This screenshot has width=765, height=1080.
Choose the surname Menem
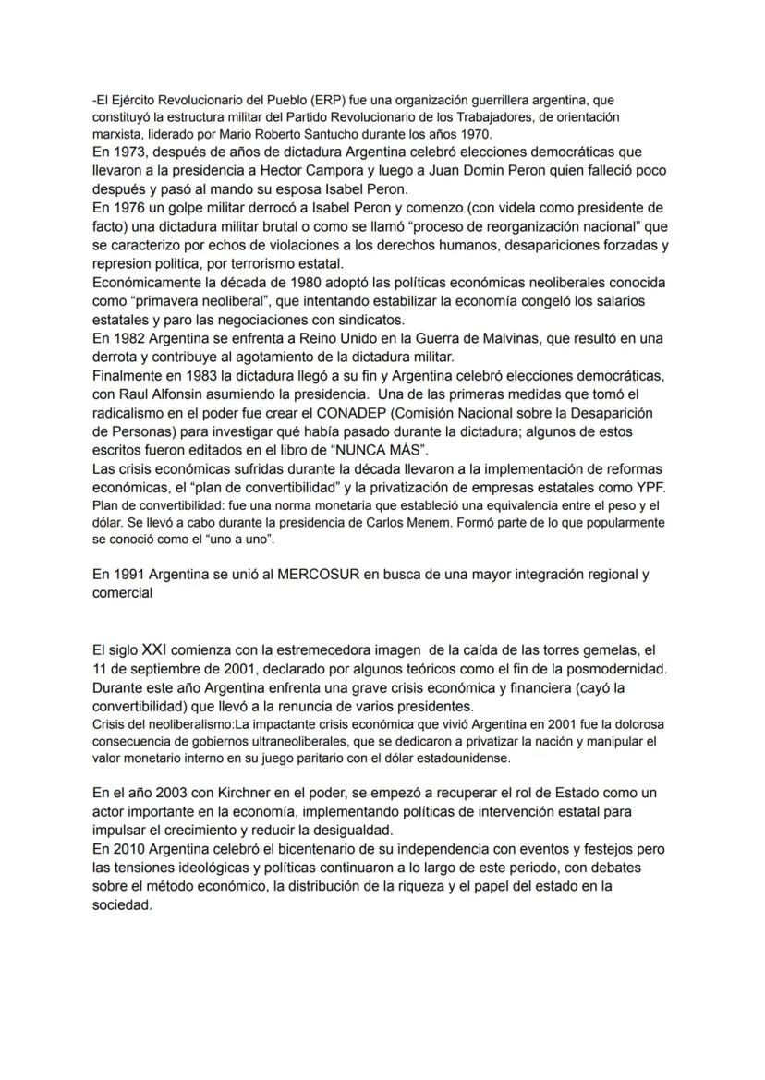[x=438, y=523]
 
